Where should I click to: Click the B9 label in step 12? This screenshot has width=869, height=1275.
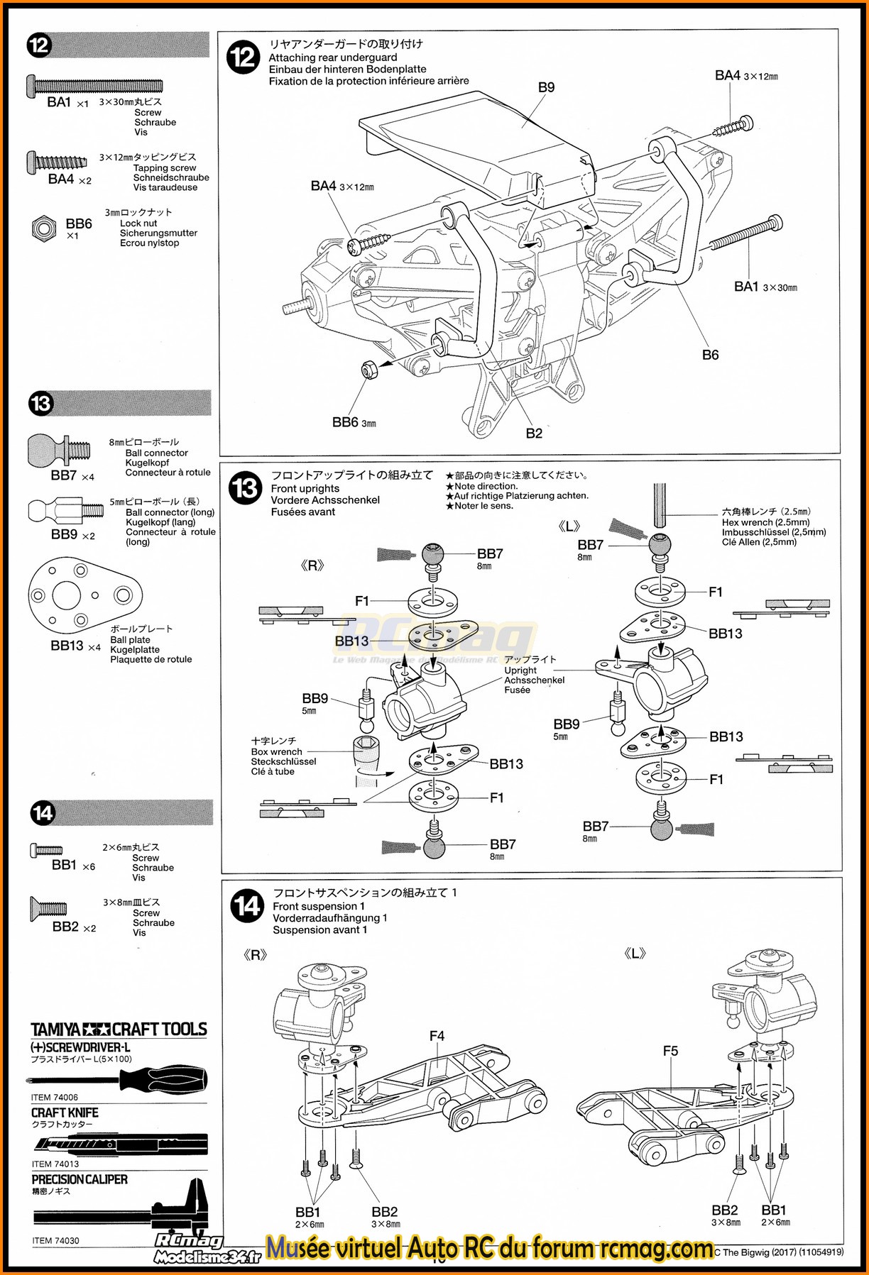pos(546,87)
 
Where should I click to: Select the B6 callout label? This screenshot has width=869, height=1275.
pos(710,355)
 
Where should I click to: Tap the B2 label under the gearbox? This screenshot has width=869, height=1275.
pos(534,433)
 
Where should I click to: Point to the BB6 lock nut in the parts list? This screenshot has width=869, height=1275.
pos(44,228)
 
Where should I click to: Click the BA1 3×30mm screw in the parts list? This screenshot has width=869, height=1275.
pos(94,85)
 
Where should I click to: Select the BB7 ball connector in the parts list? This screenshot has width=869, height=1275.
pos(59,450)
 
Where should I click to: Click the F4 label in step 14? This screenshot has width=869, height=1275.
pos(437,1036)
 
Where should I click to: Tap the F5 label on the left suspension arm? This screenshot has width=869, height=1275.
pos(670,1051)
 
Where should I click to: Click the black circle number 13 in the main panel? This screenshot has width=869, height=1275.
pos(246,489)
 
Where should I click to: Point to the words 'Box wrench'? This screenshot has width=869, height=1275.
pos(276,751)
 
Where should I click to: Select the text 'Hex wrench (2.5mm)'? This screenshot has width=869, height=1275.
pos(765,522)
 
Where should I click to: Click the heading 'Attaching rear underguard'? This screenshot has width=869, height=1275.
pos(333,57)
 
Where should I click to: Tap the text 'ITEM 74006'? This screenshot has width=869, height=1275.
pos(54,1098)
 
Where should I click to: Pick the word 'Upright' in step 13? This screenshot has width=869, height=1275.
pos(520,670)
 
